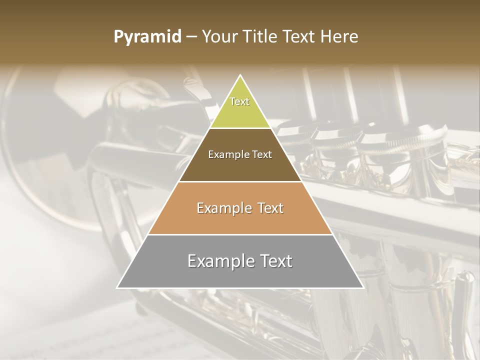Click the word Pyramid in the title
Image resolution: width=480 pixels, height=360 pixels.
[147, 37]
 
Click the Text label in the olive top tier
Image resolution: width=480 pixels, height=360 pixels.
[239, 101]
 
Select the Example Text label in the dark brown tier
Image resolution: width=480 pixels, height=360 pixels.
[240, 154]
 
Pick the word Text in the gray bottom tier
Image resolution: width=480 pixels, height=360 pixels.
[274, 261]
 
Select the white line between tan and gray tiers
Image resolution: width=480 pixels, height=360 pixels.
[240, 234]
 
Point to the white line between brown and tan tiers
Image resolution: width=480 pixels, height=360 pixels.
[240, 181]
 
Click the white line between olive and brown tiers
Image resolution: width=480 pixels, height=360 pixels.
[240, 128]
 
